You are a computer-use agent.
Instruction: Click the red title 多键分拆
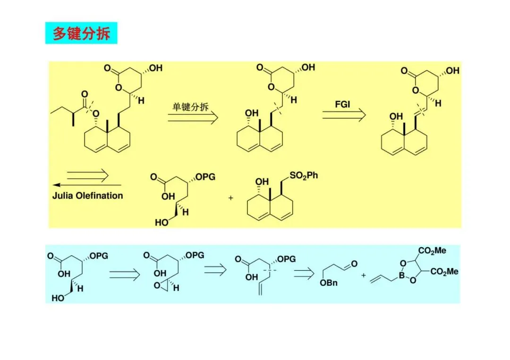pos(81,33)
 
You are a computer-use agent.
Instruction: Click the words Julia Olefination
pos(87,195)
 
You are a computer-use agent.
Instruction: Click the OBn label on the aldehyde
pos(329,283)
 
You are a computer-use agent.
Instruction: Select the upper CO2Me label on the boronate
pos(432,251)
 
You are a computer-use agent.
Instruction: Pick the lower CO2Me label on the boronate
pos(444,272)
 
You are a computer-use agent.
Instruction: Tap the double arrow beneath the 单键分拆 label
pos(193,118)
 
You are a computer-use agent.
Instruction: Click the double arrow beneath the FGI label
pos(344,115)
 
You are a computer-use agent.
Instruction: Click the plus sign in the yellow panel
pos(231,198)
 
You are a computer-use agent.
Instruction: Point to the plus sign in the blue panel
pos(364,275)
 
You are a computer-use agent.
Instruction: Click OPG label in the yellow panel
pos(205,177)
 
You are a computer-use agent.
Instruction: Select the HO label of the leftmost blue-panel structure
pos(58,298)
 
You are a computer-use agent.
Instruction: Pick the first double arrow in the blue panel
pos(125,274)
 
